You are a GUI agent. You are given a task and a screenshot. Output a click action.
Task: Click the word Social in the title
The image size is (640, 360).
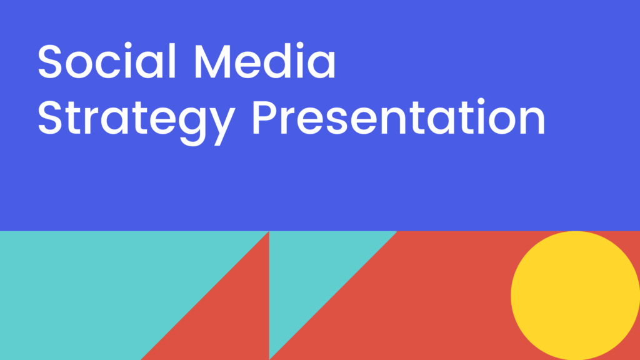click(x=107, y=61)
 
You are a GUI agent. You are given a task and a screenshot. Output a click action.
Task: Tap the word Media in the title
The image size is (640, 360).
click(x=265, y=61)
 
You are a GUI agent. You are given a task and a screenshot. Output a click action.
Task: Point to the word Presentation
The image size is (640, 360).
click(x=399, y=117)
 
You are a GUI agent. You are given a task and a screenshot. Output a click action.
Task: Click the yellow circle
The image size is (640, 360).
click(x=575, y=296)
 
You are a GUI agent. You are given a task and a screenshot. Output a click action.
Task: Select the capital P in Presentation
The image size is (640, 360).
click(x=265, y=117)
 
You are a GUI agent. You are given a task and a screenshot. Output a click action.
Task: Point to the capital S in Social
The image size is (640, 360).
click(x=49, y=61)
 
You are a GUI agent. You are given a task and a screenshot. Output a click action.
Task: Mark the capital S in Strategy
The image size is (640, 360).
click(x=49, y=117)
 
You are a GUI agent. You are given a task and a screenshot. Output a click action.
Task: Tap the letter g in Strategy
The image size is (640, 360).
click(x=192, y=126)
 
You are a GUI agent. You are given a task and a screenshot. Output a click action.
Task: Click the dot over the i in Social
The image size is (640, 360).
click(x=128, y=45)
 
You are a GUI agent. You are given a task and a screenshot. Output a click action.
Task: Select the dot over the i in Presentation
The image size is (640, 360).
click(x=481, y=101)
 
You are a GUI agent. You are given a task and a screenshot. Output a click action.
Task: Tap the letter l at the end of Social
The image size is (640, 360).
click(x=172, y=60)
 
